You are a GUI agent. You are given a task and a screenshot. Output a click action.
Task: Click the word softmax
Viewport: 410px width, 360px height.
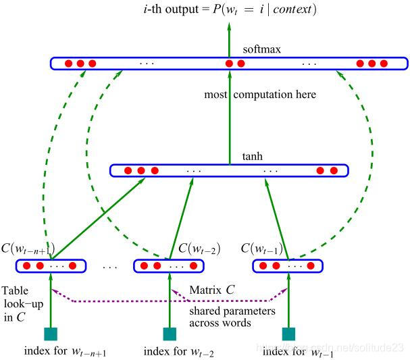pyautogui.click(x=262, y=49)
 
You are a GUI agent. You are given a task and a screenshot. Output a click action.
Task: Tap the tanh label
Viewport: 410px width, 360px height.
pyautogui.click(x=253, y=156)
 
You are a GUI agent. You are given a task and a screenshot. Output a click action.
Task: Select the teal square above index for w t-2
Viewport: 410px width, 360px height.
pyautogui.click(x=170, y=334)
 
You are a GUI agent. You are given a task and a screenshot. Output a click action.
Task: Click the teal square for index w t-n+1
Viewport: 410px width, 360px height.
pyautogui.click(x=51, y=334)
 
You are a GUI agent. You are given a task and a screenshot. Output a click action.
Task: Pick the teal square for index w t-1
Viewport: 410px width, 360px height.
pyautogui.click(x=288, y=334)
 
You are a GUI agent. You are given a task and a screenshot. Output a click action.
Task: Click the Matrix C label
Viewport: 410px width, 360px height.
pyautogui.click(x=212, y=290)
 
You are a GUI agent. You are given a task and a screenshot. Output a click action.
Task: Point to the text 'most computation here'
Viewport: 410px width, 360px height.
pyautogui.click(x=260, y=95)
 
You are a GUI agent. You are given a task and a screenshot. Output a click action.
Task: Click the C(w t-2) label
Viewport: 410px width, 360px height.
pyautogui.click(x=199, y=249)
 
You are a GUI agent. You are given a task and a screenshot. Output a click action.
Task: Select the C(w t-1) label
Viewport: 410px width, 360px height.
pyautogui.click(x=262, y=249)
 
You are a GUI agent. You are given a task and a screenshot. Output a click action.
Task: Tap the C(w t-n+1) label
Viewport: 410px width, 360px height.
pyautogui.click(x=28, y=249)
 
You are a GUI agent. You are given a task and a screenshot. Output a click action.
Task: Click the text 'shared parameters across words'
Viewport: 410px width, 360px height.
pyautogui.click(x=232, y=317)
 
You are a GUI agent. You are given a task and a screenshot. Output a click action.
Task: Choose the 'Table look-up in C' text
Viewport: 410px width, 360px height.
pyautogui.click(x=23, y=304)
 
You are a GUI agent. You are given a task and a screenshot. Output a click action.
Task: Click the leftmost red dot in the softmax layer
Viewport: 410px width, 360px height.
pyautogui.click(x=68, y=63)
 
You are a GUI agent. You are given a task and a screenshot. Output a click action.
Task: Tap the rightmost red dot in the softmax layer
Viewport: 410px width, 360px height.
pyautogui.click(x=384, y=63)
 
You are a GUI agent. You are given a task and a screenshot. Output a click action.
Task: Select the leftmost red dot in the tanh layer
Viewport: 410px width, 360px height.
pyautogui.click(x=128, y=171)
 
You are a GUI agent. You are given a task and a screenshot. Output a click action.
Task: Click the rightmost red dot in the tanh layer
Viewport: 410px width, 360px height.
pyautogui.click(x=334, y=171)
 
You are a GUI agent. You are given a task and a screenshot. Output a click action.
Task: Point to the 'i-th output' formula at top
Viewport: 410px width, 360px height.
pyautogui.click(x=230, y=9)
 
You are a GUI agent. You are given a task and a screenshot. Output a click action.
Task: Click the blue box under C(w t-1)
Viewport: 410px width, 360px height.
pyautogui.click(x=288, y=266)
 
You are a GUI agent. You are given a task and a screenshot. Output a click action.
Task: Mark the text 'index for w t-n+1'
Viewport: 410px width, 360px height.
pyautogui.click(x=65, y=352)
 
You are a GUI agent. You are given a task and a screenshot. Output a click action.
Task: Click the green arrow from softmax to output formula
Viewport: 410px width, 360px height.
pyautogui.click(x=230, y=40)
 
